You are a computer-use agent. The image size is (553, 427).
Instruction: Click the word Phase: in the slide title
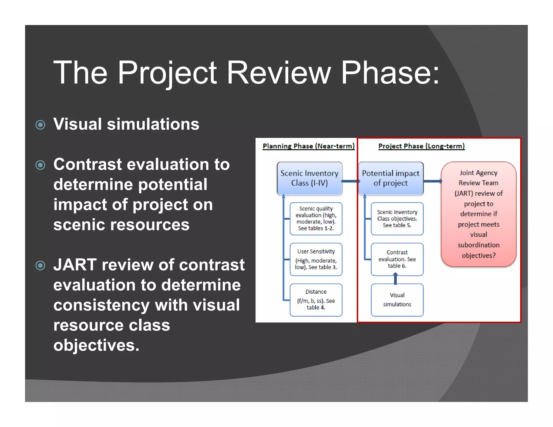[x=390, y=73]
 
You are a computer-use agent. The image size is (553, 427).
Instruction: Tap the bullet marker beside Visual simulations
[x=41, y=125]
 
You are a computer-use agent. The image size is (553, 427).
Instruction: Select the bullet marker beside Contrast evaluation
[x=41, y=165]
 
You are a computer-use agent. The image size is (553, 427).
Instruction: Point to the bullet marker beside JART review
[x=41, y=266]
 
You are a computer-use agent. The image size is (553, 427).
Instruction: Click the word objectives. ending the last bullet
[x=96, y=345]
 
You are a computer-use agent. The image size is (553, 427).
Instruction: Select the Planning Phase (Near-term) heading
[x=308, y=146]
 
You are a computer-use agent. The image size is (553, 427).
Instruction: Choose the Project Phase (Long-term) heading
[x=421, y=146]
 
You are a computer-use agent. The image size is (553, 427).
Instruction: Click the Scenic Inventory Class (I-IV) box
[x=309, y=178]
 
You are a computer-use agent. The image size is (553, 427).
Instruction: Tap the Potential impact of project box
[x=390, y=178]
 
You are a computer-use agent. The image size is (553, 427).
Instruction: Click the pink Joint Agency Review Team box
[x=478, y=214]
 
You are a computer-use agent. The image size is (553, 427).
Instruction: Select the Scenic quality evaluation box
[x=316, y=218]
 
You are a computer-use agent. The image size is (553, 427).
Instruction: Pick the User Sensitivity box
[x=316, y=259]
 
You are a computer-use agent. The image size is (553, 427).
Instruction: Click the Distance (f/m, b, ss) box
[x=316, y=300]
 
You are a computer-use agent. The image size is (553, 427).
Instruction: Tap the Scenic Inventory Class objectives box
[x=397, y=218]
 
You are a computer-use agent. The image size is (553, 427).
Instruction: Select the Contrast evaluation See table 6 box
[x=397, y=259]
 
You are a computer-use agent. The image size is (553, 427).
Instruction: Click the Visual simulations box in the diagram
[x=397, y=300]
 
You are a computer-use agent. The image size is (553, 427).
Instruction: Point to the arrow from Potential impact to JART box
[x=432, y=181]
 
